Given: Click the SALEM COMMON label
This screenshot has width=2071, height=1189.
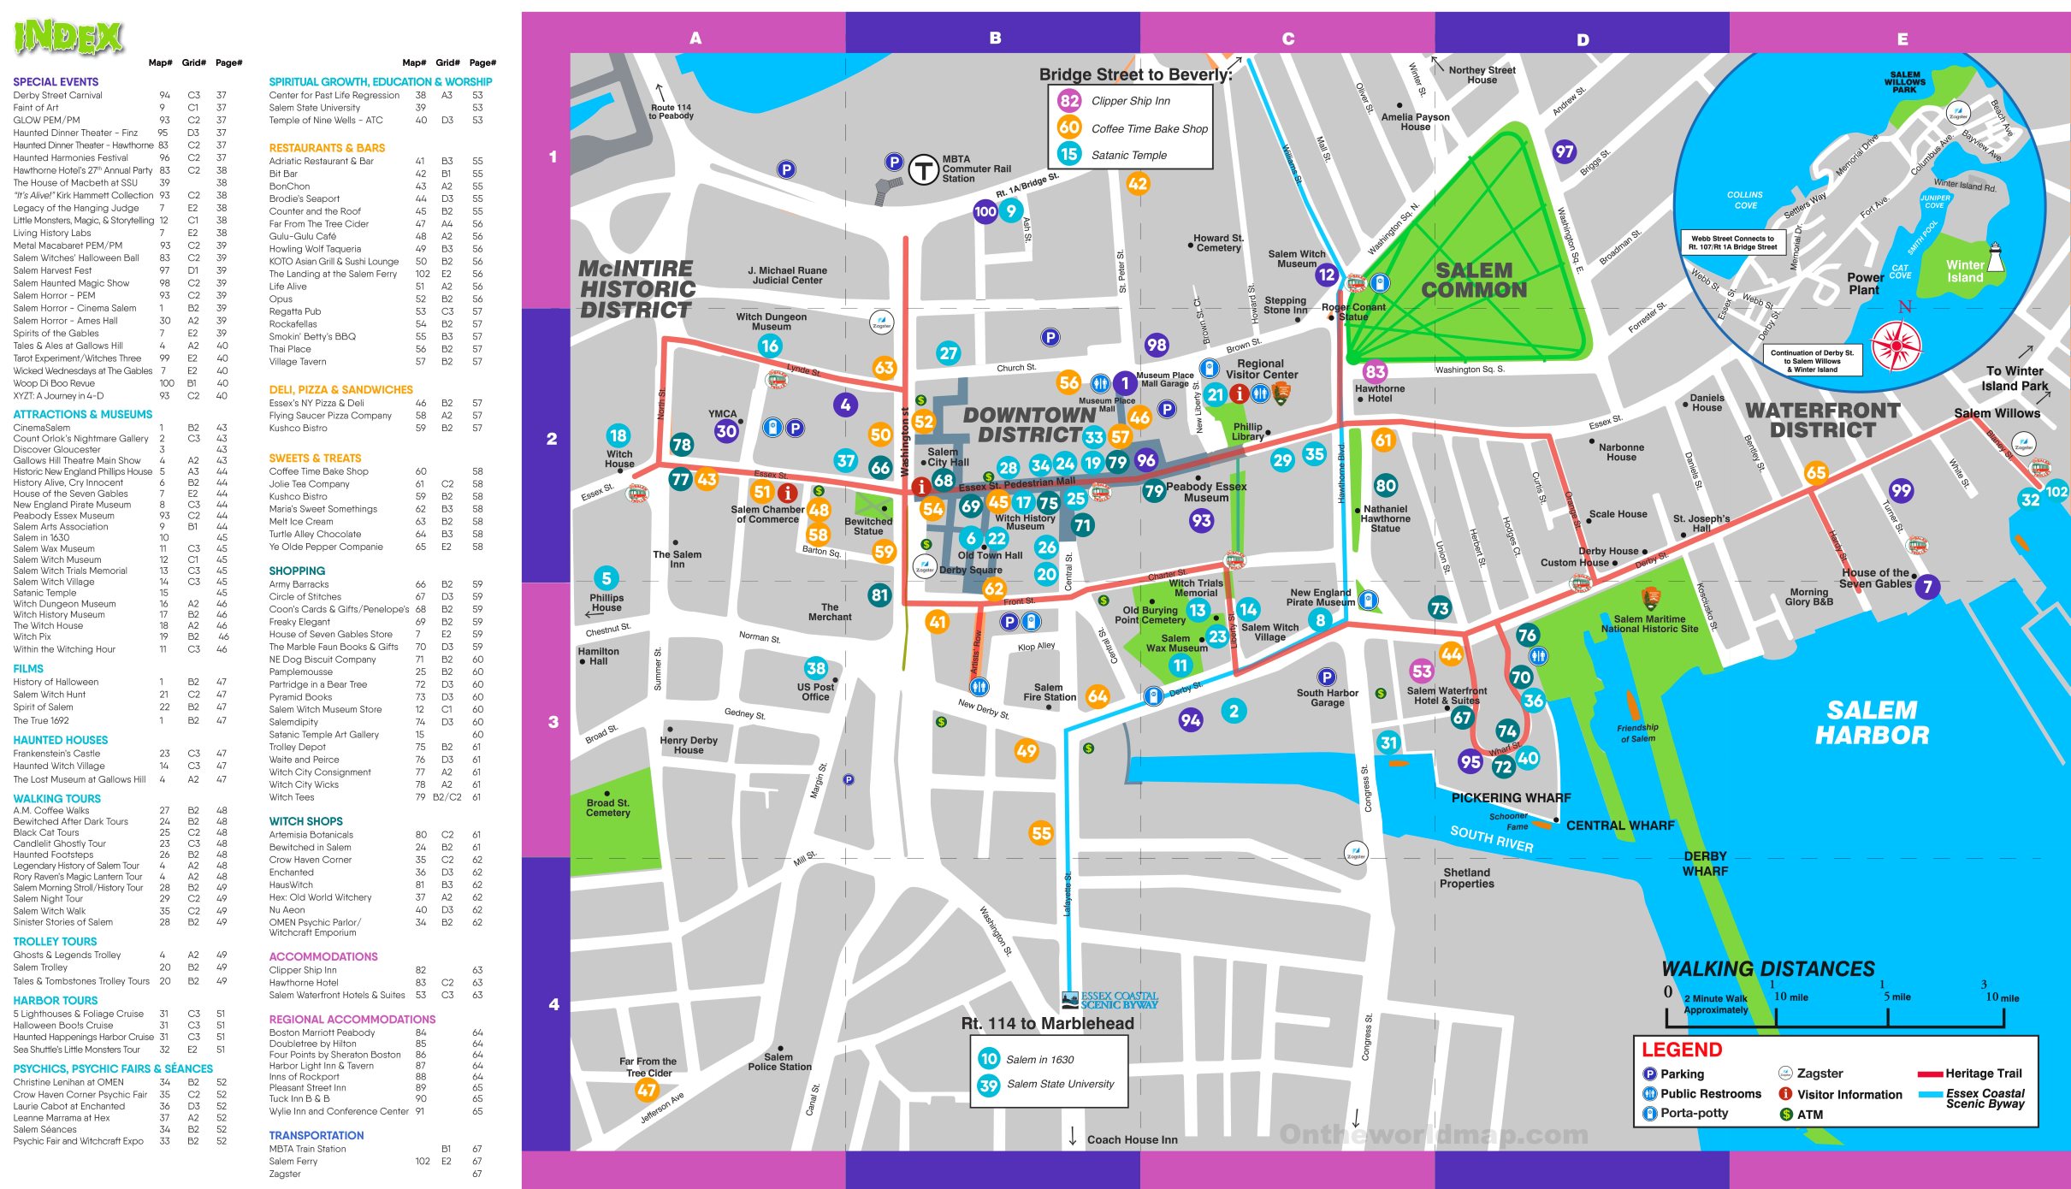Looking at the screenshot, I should coord(1473,281).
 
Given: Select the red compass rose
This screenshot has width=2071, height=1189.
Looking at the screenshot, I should coord(1896,346).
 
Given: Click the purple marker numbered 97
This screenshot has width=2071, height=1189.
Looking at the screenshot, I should coord(1564,151).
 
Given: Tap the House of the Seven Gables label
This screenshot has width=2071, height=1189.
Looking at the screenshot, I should coord(1875,578).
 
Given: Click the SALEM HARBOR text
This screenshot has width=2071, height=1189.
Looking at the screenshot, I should coord(1872,723).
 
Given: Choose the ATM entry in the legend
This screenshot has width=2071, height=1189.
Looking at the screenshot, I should coord(1809,1115).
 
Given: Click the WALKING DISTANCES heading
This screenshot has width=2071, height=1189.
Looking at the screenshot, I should coord(1767,969).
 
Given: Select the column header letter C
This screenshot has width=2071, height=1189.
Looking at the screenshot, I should coord(1287,38).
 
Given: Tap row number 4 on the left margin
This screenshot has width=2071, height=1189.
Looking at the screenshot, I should coord(553,1004).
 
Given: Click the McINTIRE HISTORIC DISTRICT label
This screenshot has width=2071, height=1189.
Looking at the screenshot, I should coord(636,289).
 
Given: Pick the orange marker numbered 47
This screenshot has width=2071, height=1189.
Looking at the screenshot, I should coord(647,1091).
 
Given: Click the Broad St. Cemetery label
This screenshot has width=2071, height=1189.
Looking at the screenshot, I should coord(607,808).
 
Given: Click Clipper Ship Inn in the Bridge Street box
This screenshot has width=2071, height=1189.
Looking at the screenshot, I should coord(1130,101).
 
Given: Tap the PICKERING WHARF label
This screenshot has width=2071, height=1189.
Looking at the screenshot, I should coord(1511,797).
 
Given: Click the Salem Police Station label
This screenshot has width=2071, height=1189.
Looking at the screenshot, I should coord(778,1062).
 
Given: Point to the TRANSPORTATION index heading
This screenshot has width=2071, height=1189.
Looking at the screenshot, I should coord(316,1135).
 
